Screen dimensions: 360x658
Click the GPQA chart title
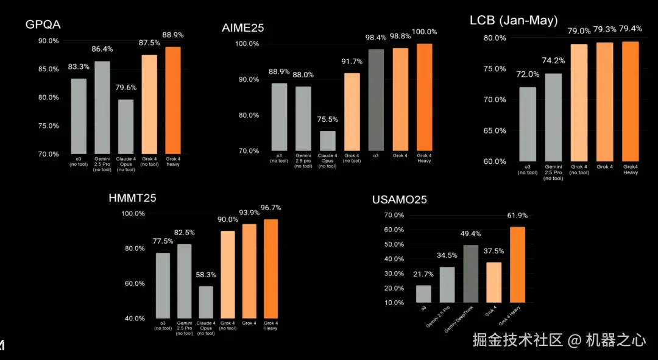(x=43, y=24)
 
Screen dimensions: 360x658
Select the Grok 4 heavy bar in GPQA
(x=173, y=101)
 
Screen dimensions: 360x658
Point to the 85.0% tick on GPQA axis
(x=48, y=69)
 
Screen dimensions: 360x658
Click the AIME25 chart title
(x=242, y=27)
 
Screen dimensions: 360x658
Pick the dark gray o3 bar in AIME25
(x=376, y=100)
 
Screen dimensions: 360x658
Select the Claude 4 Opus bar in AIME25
(x=327, y=141)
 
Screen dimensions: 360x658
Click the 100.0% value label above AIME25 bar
(x=424, y=32)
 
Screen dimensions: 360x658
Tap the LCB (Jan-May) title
(x=513, y=20)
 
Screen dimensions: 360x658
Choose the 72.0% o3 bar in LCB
(x=528, y=124)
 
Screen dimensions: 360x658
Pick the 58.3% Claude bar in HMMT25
(x=206, y=302)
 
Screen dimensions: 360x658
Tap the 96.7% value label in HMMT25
(x=271, y=208)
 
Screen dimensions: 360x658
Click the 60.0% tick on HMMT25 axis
(x=133, y=283)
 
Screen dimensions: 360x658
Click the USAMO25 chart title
(x=400, y=200)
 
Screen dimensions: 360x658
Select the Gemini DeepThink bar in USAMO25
(x=470, y=274)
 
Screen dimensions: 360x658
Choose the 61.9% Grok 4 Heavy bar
(x=517, y=264)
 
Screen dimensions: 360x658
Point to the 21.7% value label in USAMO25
(x=423, y=274)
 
